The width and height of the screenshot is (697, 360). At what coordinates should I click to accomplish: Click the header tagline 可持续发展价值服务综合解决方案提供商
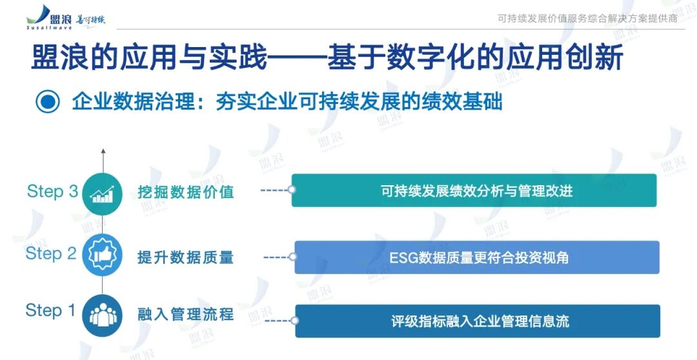click(587, 19)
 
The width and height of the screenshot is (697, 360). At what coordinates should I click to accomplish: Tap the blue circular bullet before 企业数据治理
click(48, 102)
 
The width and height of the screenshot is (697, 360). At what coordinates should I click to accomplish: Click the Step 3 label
click(52, 192)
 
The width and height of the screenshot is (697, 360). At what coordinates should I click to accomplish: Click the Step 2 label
click(51, 254)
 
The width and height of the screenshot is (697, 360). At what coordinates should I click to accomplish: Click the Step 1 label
click(50, 310)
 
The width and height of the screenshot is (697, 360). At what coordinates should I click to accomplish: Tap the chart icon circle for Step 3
click(103, 192)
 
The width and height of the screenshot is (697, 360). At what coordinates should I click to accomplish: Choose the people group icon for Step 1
click(103, 314)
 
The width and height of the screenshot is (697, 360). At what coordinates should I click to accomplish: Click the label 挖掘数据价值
click(186, 192)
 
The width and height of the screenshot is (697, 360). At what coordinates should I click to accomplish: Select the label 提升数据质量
click(186, 257)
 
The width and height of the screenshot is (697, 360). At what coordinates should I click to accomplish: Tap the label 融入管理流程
click(186, 315)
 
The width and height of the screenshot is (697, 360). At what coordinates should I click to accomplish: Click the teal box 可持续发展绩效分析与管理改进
click(474, 190)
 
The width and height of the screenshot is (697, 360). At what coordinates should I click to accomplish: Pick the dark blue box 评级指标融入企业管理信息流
click(478, 321)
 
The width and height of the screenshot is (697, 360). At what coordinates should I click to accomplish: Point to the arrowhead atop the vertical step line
click(103, 152)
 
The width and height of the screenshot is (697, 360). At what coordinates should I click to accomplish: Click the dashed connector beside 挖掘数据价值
click(276, 190)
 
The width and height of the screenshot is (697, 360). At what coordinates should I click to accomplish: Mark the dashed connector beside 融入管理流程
click(279, 321)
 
